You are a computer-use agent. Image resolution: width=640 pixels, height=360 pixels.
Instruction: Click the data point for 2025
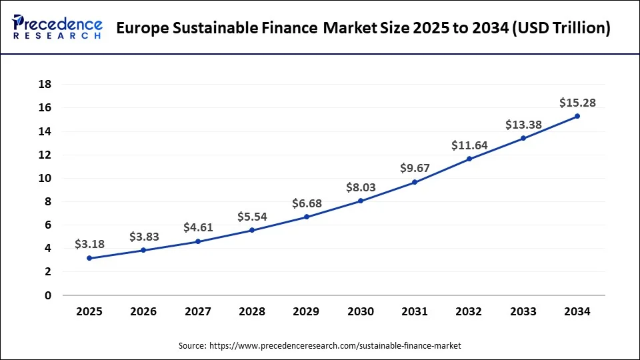point(89,258)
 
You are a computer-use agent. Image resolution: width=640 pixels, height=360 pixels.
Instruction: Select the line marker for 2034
point(577,116)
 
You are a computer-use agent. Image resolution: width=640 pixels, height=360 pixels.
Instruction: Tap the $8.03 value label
point(361,187)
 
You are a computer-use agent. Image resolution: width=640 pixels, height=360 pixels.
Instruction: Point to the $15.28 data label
point(577,103)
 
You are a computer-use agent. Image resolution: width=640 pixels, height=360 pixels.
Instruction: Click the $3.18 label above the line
point(89,244)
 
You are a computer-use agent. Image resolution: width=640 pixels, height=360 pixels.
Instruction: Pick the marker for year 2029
point(307,217)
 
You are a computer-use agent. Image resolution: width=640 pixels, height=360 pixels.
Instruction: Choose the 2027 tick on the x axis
point(198,311)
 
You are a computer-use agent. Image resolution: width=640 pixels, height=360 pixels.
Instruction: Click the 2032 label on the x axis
point(469,311)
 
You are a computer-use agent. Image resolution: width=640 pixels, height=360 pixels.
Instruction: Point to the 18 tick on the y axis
point(45,84)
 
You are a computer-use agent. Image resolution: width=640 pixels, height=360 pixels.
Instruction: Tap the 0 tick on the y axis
point(49,295)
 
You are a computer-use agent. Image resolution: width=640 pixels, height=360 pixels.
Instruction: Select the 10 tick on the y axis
point(45,178)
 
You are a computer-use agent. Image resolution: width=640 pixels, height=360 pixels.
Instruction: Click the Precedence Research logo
point(57,28)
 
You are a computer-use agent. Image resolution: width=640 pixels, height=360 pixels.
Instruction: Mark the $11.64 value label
point(469,145)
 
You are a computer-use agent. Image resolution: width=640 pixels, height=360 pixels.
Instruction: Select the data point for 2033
point(523,138)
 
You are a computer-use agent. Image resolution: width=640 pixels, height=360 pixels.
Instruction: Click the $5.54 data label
point(253,217)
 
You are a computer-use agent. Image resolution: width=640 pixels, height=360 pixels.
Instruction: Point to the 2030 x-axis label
point(361,311)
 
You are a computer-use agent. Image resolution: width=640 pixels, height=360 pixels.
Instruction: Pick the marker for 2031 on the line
point(415,182)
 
